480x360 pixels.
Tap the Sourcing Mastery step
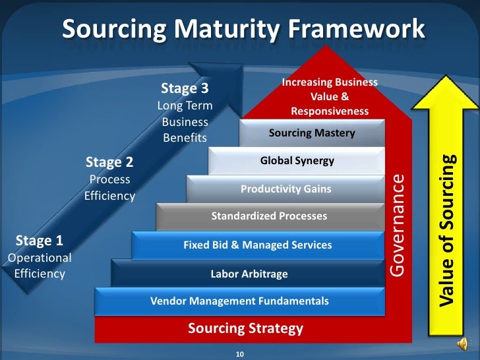click(x=312, y=133)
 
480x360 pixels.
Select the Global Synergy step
click(x=297, y=160)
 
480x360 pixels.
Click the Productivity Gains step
click(x=285, y=189)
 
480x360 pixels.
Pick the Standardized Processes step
click(x=269, y=216)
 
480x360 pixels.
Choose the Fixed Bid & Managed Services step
click(x=258, y=245)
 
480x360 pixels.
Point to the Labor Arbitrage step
click(x=249, y=274)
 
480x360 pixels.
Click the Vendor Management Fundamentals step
click(x=239, y=301)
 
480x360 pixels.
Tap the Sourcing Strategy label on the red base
click(x=245, y=328)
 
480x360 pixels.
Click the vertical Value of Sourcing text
click(x=448, y=231)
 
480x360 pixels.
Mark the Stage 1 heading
click(x=39, y=239)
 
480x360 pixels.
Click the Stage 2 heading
click(x=109, y=162)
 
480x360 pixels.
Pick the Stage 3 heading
click(x=185, y=88)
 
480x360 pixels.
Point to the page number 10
click(x=240, y=355)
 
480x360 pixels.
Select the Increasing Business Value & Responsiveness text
click(x=330, y=97)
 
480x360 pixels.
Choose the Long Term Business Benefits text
click(x=185, y=122)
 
